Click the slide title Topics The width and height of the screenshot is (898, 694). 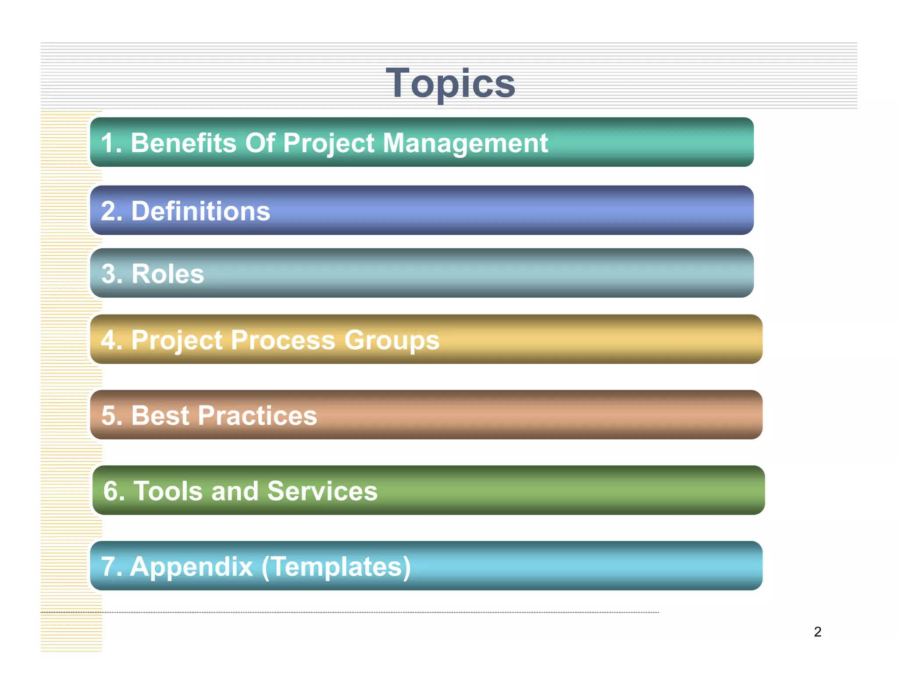[x=450, y=83]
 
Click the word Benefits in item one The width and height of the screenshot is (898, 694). [x=183, y=143]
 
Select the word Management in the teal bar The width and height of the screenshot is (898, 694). [x=465, y=143]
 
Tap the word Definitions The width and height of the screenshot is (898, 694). [x=200, y=211]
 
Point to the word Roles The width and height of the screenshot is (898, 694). [x=167, y=274]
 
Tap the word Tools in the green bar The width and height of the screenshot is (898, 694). [x=168, y=491]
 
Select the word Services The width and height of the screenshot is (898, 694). [x=322, y=491]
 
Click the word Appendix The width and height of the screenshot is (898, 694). [x=192, y=566]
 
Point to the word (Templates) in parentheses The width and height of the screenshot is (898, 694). [x=336, y=566]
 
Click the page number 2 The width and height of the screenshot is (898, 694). [x=817, y=632]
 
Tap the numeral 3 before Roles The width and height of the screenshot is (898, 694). [x=109, y=274]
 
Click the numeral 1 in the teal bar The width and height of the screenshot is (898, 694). [x=108, y=143]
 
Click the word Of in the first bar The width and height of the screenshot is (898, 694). [x=260, y=143]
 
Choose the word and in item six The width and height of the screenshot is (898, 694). [x=235, y=491]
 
